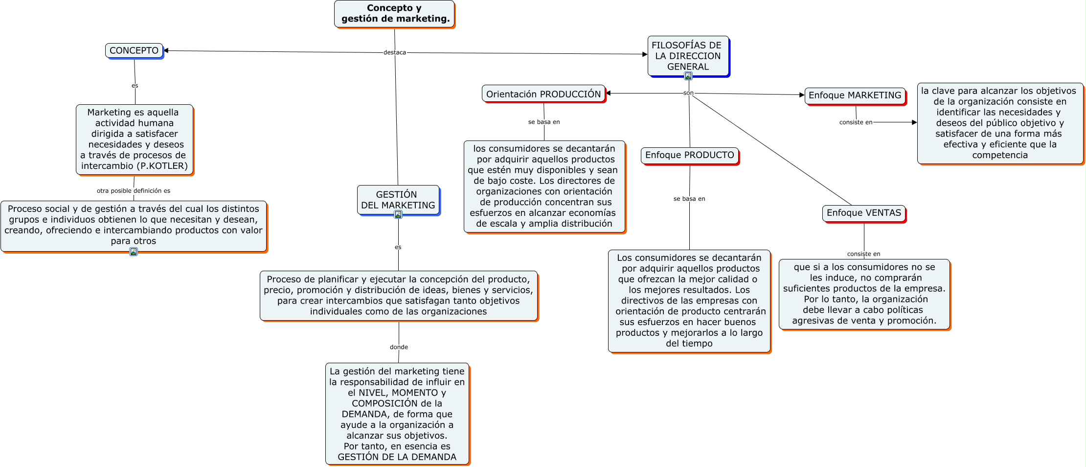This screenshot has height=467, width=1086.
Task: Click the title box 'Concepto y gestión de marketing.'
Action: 394,14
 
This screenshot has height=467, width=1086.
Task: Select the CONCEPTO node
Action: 134,50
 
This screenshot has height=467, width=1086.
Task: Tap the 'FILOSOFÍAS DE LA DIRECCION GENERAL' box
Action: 688,56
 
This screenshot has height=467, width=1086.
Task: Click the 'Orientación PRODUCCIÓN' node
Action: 543,94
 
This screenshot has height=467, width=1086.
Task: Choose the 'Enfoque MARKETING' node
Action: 855,95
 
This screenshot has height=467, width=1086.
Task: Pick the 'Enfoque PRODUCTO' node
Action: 689,155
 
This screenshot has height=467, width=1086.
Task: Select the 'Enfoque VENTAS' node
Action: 863,213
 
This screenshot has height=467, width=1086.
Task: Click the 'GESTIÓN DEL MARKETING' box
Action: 398,200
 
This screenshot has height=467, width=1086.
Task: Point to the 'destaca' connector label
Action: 394,52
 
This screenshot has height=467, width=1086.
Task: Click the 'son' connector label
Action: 688,93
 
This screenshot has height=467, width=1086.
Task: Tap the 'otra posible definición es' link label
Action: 134,191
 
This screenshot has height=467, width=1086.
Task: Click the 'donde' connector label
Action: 399,347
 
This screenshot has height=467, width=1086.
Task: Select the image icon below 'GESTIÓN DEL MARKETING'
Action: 398,214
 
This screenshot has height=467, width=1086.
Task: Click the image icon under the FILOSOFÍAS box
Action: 688,76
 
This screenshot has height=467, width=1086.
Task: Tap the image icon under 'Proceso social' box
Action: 134,252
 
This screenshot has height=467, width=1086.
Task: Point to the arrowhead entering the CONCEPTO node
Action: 166,50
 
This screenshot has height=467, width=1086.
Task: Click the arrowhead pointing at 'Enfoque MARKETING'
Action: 802,95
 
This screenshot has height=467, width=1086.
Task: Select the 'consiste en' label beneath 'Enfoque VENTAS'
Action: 863,254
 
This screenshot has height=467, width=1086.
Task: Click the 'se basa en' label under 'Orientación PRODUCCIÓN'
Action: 544,122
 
